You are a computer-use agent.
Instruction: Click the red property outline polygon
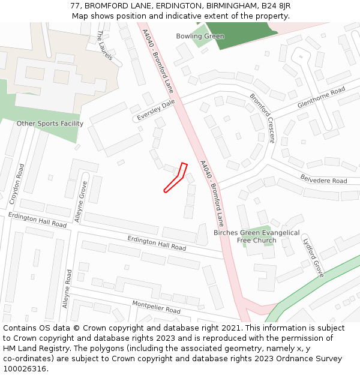click(x=175, y=179)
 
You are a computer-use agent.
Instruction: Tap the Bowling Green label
click(x=200, y=37)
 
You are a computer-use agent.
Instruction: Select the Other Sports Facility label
click(x=50, y=124)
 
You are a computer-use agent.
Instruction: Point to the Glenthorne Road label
click(x=321, y=97)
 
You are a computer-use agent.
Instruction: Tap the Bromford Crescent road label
click(x=262, y=118)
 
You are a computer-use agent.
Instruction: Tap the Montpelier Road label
click(x=156, y=307)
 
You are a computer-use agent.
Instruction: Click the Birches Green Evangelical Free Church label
click(x=256, y=236)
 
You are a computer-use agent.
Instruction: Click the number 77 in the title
click(x=75, y=5)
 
